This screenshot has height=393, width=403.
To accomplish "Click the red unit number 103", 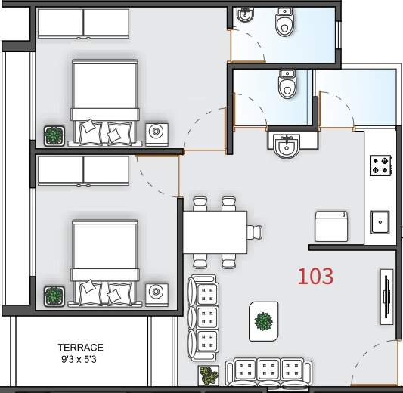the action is (315, 276).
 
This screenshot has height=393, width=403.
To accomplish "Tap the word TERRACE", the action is (80, 348).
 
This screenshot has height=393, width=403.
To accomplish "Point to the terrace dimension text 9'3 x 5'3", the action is (79, 359).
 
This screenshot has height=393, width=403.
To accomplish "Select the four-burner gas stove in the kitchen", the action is (380, 166).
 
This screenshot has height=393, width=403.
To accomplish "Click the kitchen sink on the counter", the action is (380, 222).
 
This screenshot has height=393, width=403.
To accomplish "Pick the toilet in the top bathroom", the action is (284, 22).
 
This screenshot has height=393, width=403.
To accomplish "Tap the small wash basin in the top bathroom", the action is (245, 14).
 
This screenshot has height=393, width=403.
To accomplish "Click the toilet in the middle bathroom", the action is (287, 84).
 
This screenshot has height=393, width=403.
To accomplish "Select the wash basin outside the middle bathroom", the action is (287, 145).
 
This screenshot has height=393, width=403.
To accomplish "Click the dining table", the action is (215, 232).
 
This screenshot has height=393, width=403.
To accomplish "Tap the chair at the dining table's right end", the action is (255, 232).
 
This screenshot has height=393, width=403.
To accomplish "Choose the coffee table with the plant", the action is (263, 321).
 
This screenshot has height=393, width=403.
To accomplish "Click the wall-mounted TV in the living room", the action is (386, 297).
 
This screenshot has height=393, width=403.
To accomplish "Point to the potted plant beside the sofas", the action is (209, 376).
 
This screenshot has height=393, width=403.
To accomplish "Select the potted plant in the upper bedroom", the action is (54, 136).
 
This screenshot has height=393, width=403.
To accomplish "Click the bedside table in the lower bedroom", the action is (157, 295).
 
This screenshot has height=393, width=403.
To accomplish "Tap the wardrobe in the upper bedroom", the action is (83, 23).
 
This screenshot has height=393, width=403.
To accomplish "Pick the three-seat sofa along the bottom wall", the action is (269, 372).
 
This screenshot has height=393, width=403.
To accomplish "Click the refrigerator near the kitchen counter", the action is (331, 226).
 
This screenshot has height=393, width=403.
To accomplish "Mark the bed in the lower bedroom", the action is (105, 262).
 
